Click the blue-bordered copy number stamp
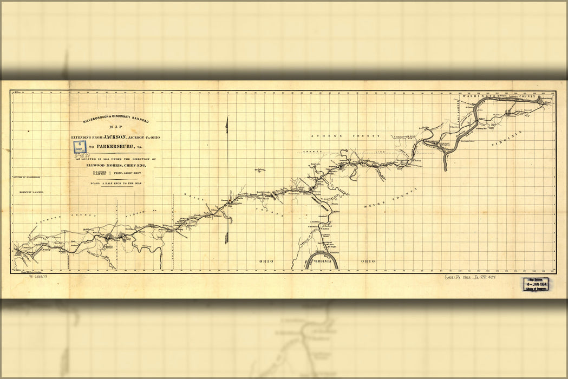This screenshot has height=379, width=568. coord(80,147)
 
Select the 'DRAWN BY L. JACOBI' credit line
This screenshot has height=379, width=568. coord(31,192)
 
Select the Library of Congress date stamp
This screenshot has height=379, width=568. coord(535,284)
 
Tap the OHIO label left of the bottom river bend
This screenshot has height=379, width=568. coord(266,261)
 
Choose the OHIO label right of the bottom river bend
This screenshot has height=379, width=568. coord(368,261)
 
